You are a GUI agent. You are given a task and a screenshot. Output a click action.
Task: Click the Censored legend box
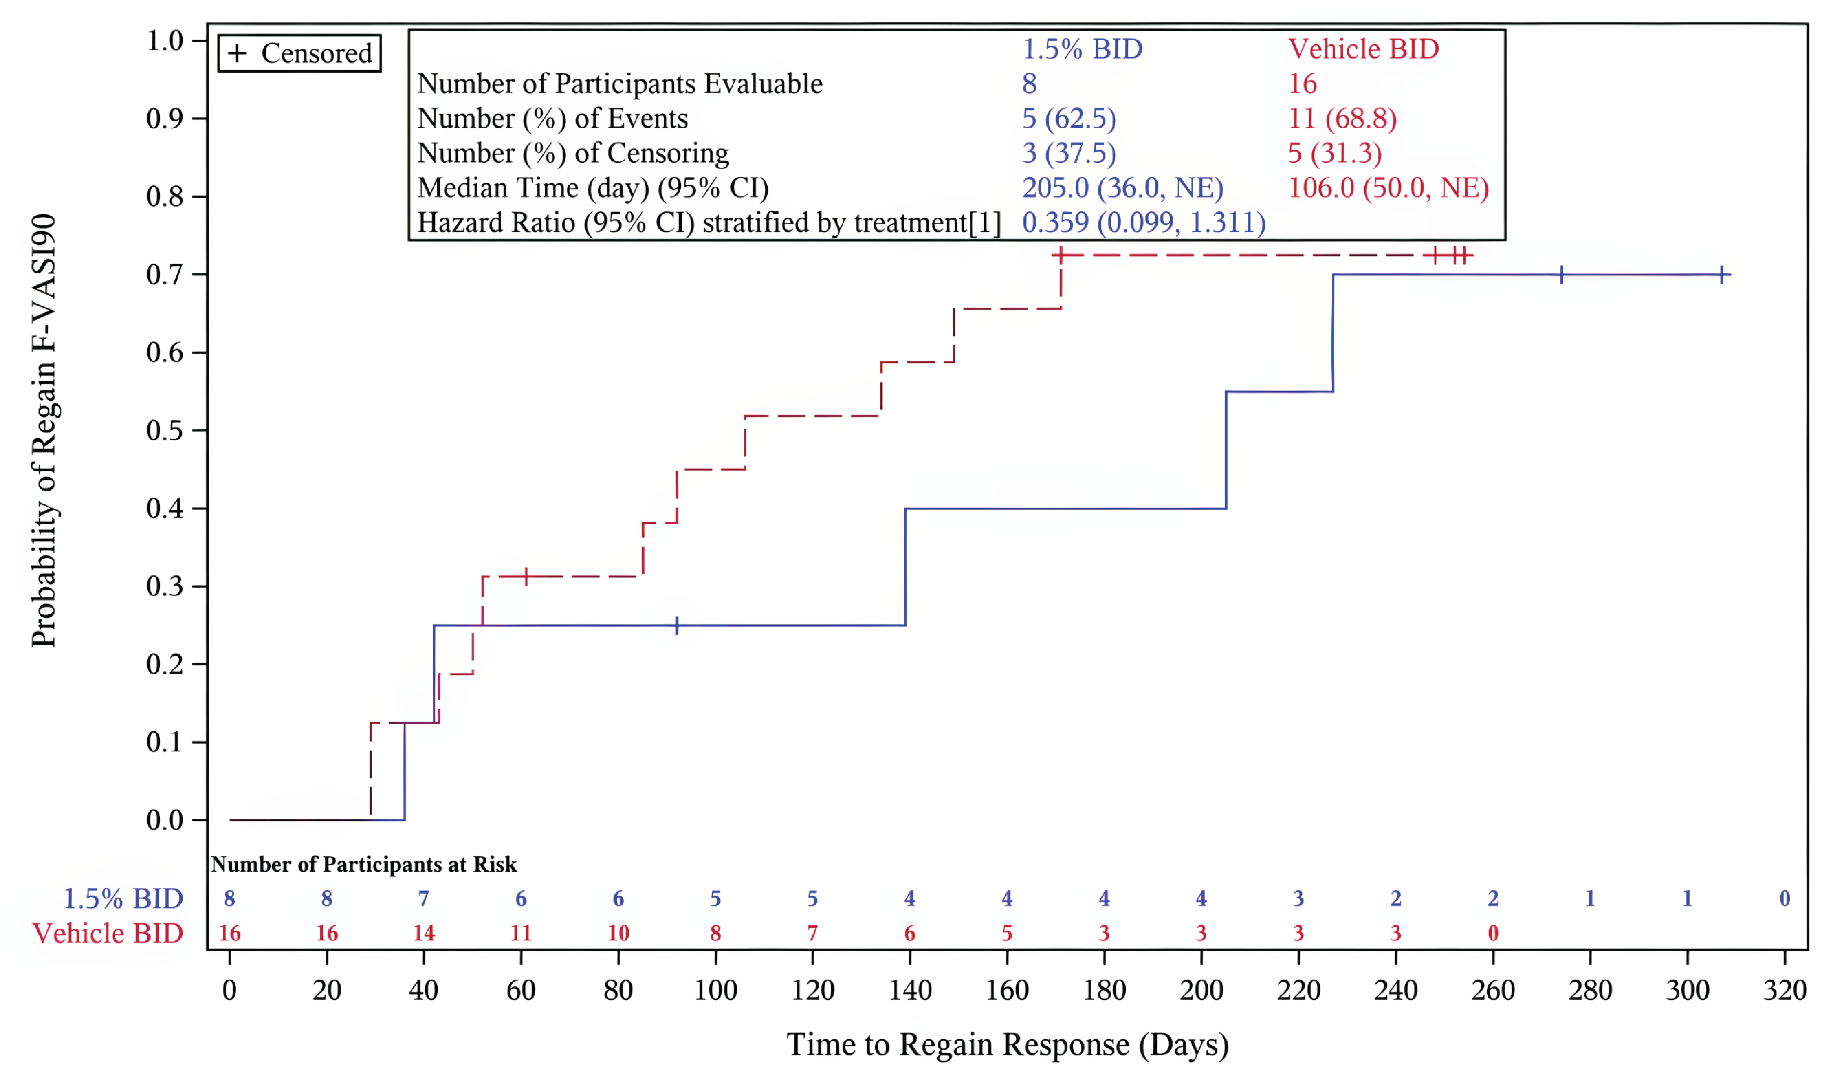pyautogui.click(x=299, y=53)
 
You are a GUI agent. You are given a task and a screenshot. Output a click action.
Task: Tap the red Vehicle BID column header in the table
pyautogui.click(x=1363, y=49)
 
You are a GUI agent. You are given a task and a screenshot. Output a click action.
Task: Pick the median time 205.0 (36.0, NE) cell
pyautogui.click(x=1122, y=188)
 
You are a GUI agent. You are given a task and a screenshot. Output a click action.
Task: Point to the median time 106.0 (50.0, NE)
pyautogui.click(x=1387, y=188)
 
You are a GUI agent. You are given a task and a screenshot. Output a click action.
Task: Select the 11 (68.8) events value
pyautogui.click(x=1342, y=119)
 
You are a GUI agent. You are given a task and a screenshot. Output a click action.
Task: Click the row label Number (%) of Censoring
pyautogui.click(x=572, y=153)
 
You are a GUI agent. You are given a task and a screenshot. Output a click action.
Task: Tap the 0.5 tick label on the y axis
pyautogui.click(x=164, y=431)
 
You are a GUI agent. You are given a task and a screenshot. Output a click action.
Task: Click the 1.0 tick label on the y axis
pyautogui.click(x=164, y=40)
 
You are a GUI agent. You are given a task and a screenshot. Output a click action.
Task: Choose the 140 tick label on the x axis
pyautogui.click(x=909, y=990)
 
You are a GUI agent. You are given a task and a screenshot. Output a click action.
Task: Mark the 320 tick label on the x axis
pyautogui.click(x=1784, y=990)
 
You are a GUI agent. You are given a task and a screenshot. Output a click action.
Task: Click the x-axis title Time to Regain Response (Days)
pyautogui.click(x=1007, y=1044)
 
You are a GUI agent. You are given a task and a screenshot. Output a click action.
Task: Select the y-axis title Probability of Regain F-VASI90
pyautogui.click(x=43, y=431)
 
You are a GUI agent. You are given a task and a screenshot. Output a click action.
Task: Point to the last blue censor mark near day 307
pyautogui.click(x=1723, y=275)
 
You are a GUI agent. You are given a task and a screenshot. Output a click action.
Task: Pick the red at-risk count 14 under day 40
pyautogui.click(x=423, y=933)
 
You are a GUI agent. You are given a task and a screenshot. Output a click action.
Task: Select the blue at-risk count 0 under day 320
pyautogui.click(x=1784, y=899)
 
